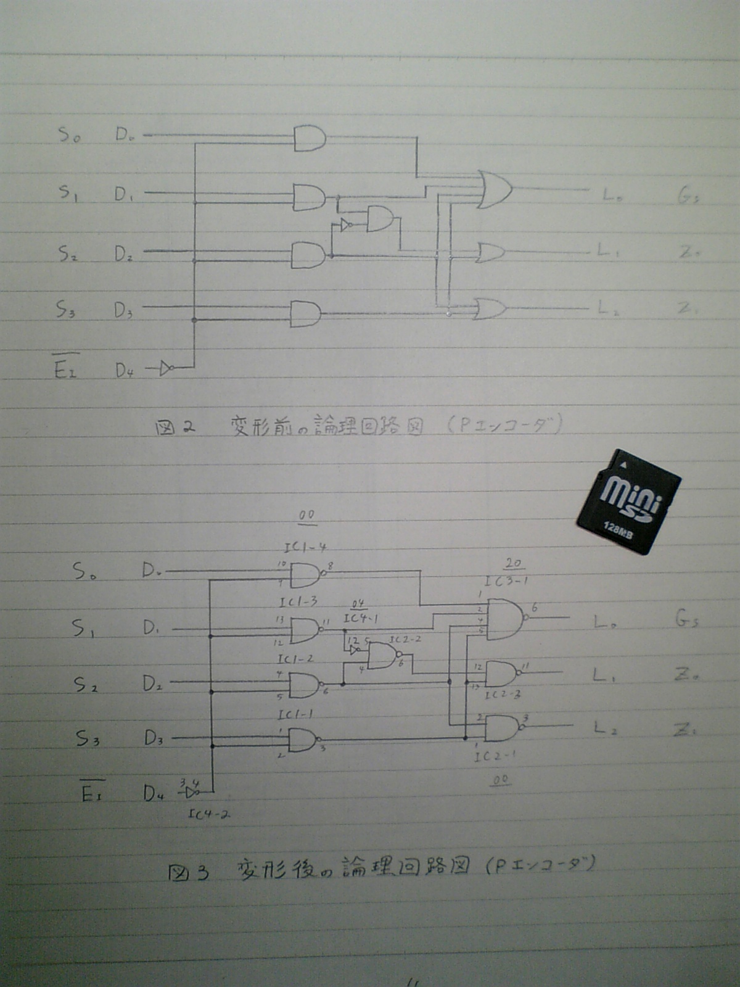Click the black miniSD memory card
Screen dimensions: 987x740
pyautogui.click(x=628, y=502)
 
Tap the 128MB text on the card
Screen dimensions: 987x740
pyautogui.click(x=618, y=530)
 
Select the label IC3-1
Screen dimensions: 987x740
pyautogui.click(x=506, y=581)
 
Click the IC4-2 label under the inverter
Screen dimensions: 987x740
pyautogui.click(x=209, y=814)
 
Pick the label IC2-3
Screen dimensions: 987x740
pyautogui.click(x=503, y=695)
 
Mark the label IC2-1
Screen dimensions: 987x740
pyautogui.click(x=495, y=756)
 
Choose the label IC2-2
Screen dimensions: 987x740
pyautogui.click(x=405, y=640)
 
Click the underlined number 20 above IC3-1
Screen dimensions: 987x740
pyautogui.click(x=513, y=563)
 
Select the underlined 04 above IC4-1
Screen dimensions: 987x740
pyautogui.click(x=358, y=603)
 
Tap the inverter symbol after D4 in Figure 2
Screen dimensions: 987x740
pyautogui.click(x=165, y=369)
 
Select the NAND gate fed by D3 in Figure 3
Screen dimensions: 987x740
pyautogui.click(x=303, y=739)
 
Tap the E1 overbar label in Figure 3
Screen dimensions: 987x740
pyautogui.click(x=92, y=792)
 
